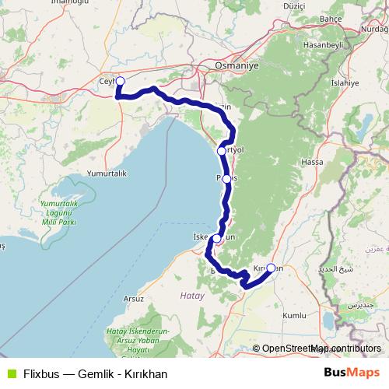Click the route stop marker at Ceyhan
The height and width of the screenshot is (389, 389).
tap(120, 80)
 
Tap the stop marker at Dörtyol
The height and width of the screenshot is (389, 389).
tap(222, 150)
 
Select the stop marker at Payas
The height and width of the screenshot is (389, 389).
tap(226, 178)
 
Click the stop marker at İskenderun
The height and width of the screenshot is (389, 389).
tap(217, 239)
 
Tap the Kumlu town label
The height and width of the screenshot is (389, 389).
tap(295, 316)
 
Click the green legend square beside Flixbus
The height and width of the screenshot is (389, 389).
tap(10, 373)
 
